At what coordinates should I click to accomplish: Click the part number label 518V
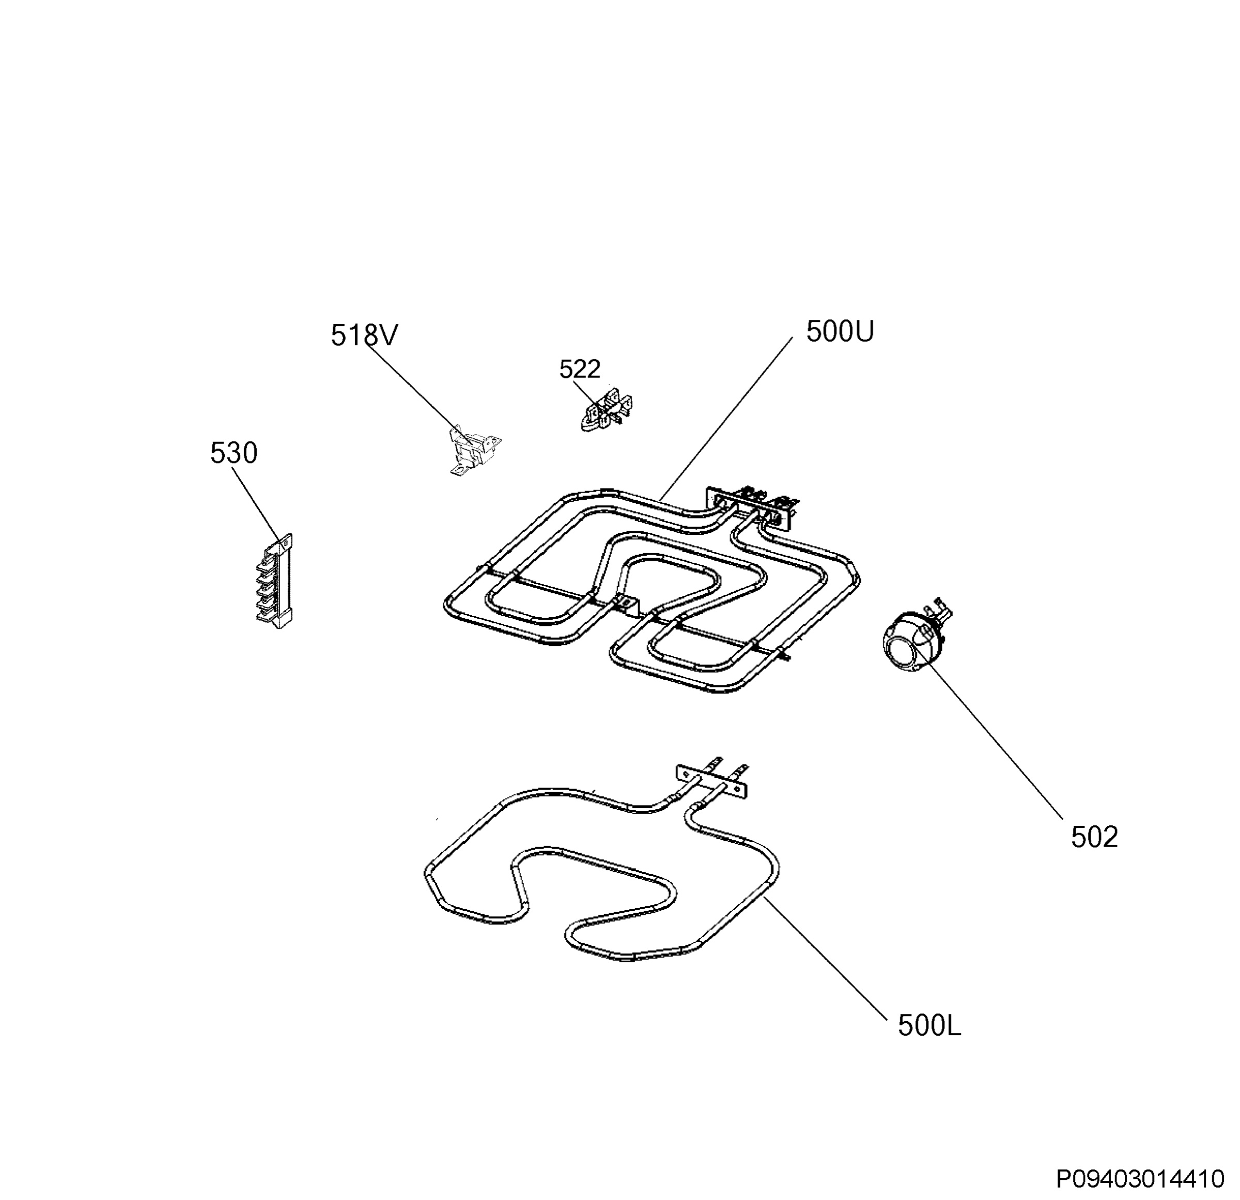tap(364, 335)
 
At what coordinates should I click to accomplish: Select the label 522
tap(580, 369)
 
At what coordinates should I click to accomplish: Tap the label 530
tap(234, 453)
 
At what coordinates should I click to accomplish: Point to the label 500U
tap(840, 331)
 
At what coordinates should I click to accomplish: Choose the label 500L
tap(929, 1026)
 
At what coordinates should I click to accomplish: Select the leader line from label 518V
tap(415, 389)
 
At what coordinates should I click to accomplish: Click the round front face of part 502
tap(902, 654)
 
